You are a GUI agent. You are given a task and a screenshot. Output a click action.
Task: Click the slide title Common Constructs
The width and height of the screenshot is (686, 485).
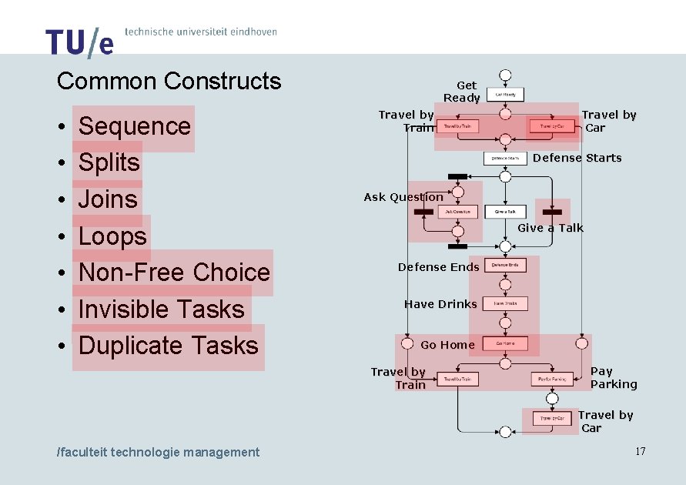pyautogui.click(x=169, y=81)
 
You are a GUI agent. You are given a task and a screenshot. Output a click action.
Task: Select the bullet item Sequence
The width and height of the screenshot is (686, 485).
pyautogui.click(x=135, y=126)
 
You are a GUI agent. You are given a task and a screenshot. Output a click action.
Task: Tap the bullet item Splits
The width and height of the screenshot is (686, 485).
pyautogui.click(x=109, y=162)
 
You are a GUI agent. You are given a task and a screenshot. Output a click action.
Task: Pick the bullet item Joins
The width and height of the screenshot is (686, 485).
pyautogui.click(x=108, y=199)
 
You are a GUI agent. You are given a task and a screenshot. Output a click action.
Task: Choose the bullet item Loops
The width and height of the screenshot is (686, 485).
pyautogui.click(x=112, y=236)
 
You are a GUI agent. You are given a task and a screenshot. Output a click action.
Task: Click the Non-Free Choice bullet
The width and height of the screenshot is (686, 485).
pyautogui.click(x=174, y=273)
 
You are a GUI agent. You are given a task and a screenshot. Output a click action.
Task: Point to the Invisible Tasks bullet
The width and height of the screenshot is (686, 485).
pyautogui.click(x=162, y=309)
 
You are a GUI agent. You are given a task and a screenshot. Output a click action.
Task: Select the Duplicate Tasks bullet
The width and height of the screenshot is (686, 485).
pyautogui.click(x=169, y=346)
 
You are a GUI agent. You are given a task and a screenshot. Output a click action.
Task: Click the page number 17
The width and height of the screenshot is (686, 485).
pyautogui.click(x=640, y=451)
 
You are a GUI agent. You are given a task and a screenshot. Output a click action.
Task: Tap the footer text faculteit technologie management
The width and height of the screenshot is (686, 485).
pyautogui.click(x=159, y=453)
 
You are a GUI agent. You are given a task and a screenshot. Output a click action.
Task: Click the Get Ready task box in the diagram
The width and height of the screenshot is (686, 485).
pyautogui.click(x=505, y=95)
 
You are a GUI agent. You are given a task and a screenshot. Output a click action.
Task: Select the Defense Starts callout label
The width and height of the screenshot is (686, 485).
pyautogui.click(x=577, y=158)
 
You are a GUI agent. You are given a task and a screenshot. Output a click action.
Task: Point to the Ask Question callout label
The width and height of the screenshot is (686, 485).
pyautogui.click(x=403, y=197)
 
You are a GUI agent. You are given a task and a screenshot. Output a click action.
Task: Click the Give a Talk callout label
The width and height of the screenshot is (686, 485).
pyautogui.click(x=550, y=228)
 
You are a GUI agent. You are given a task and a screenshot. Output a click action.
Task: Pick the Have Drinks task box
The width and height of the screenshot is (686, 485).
pyautogui.click(x=505, y=304)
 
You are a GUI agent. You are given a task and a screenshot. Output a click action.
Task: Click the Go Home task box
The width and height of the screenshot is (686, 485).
pyautogui.click(x=505, y=343)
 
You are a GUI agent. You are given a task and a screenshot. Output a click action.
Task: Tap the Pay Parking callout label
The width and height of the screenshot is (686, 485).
pyautogui.click(x=614, y=378)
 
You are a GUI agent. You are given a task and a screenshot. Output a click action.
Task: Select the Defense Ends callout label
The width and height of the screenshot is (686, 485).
pyautogui.click(x=438, y=267)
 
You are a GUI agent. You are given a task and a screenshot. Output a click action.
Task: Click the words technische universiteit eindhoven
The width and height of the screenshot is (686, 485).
pyautogui.click(x=200, y=32)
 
